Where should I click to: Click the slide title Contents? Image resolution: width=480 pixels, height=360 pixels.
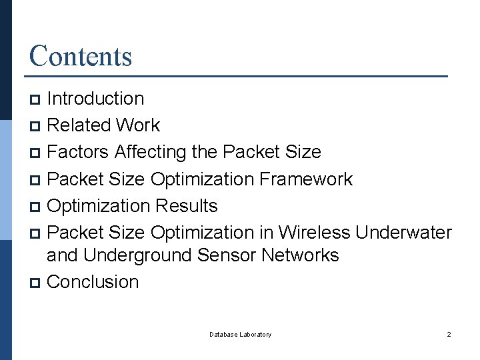pyautogui.click(x=81, y=56)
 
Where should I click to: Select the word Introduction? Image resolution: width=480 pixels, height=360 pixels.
pyautogui.click(x=96, y=99)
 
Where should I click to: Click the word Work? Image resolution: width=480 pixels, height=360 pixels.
pyautogui.click(x=138, y=125)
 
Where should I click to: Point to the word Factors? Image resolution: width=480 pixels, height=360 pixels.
pyautogui.click(x=78, y=152)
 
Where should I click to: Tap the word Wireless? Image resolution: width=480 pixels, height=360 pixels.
pyautogui.click(x=314, y=233)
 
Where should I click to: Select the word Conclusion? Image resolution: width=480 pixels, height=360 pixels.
pyautogui.click(x=93, y=282)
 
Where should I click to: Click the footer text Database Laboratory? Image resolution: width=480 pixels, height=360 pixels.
pyautogui.click(x=240, y=334)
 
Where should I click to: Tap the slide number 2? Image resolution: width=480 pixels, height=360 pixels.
pyautogui.click(x=449, y=334)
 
